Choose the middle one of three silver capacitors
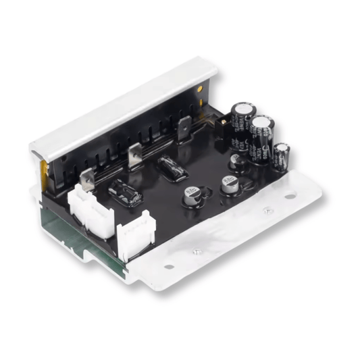click(228, 183)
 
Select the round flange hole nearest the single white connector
click(170, 267)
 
